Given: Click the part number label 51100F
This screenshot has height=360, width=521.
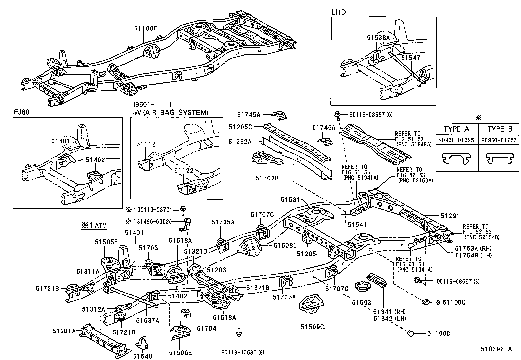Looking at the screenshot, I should tap(145, 28).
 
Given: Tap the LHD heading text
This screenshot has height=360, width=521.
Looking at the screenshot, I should tap(338, 12).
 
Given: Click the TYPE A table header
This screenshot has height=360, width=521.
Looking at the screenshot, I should tap(457, 129).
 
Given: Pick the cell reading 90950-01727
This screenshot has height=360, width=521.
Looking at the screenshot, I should tap(499, 140).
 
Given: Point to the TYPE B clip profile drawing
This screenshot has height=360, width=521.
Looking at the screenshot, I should tap(499, 158).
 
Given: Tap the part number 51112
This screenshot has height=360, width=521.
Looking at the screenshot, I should tap(146, 144).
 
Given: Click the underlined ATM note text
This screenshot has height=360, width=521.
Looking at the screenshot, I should tap(94, 226).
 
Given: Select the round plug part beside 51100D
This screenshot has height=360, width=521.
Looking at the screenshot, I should tap(410, 333).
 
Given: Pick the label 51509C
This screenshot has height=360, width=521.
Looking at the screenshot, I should tap(313, 327).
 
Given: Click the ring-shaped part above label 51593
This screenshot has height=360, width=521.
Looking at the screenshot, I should tap(362, 286).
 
